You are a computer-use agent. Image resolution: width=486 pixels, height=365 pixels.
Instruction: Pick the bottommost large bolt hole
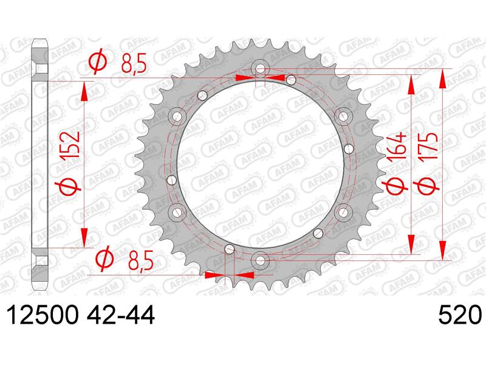pyautogui.click(x=260, y=259)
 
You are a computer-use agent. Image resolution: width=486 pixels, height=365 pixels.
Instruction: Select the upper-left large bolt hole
pyautogui.click(x=177, y=116)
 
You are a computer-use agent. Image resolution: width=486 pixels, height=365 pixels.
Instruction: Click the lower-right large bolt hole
pyautogui.click(x=343, y=211)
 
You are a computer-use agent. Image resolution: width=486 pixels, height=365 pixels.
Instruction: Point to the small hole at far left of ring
pyautogui.click(x=171, y=179)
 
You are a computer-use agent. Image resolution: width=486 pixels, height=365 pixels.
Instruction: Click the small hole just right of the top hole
pyautogui.click(x=292, y=79)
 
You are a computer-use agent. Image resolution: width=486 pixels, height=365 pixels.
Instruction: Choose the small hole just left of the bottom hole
pyautogui.click(x=229, y=248)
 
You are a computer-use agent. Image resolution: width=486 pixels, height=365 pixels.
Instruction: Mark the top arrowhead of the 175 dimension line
pyautogui.click(x=443, y=77)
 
